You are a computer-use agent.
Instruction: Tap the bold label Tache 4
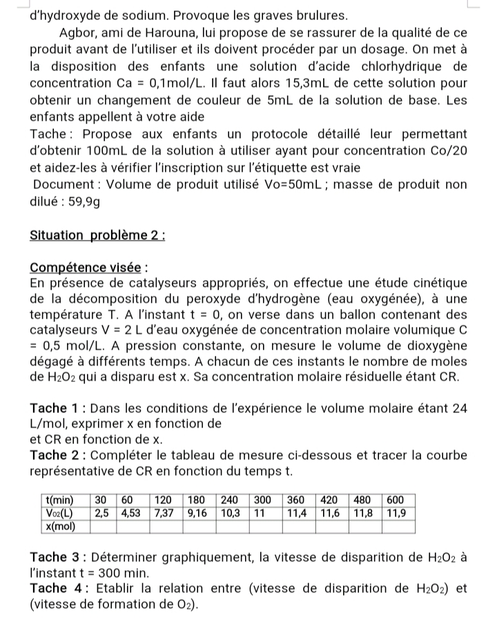point(58,588)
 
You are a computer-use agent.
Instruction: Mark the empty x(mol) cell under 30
point(103,526)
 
